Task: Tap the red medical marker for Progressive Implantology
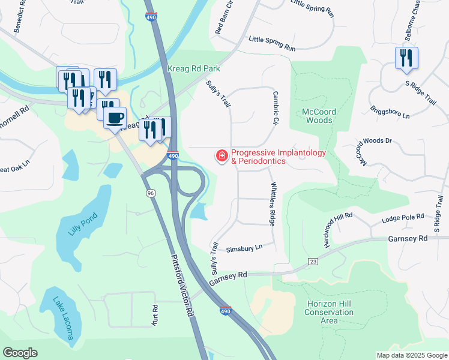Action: pyautogui.click(x=221, y=157)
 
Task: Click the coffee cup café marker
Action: pyautogui.click(x=115, y=117)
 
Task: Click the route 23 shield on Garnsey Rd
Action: pyautogui.click(x=313, y=261)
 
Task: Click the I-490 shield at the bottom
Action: pyautogui.click(x=224, y=311)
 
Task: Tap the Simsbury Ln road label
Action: pyautogui.click(x=244, y=248)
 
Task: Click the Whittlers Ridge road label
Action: pyautogui.click(x=274, y=203)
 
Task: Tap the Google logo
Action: pyautogui.click(x=20, y=353)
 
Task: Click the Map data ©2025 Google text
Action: pyautogui.click(x=411, y=355)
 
